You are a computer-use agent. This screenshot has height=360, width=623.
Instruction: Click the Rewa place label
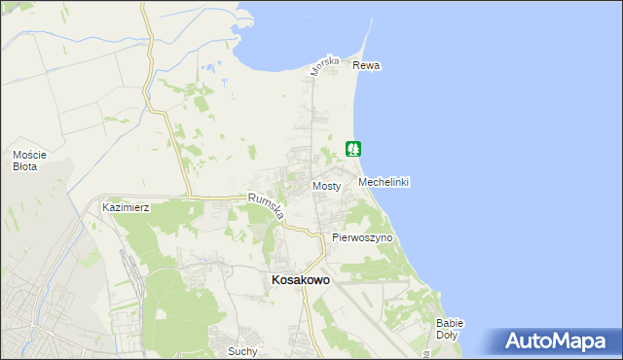click(x=366, y=66)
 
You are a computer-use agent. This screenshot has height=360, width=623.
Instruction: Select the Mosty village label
click(x=326, y=186)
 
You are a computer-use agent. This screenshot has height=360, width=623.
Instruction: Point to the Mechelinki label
click(x=384, y=183)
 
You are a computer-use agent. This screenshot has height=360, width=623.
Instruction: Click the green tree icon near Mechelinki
click(x=353, y=149)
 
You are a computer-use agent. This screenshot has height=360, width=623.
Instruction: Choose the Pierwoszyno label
click(x=362, y=237)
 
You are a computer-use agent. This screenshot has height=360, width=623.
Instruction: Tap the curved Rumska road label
click(x=265, y=207)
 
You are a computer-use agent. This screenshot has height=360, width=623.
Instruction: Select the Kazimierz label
click(x=126, y=208)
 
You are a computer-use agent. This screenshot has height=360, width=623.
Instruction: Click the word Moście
click(x=30, y=155)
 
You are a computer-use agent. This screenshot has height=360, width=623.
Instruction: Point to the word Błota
click(x=26, y=166)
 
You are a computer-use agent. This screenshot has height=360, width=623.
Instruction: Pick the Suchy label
click(x=240, y=350)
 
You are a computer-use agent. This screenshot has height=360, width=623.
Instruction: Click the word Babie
click(x=450, y=323)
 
